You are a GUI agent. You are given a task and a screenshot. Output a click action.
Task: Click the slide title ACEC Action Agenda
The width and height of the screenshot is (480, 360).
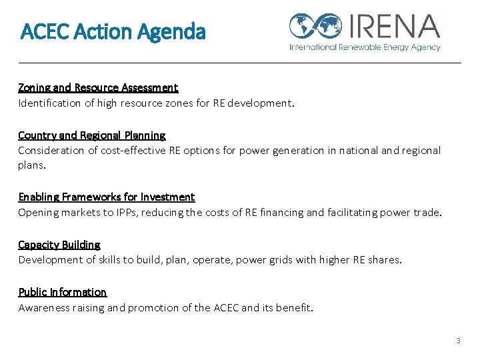113,31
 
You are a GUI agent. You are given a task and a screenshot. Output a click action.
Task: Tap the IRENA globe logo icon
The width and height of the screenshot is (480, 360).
315,27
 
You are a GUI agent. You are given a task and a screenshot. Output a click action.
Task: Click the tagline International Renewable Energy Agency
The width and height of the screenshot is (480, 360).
365,47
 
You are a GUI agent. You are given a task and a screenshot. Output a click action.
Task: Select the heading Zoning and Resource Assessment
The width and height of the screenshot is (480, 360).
98,87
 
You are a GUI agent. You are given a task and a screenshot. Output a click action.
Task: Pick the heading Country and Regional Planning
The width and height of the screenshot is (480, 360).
92,135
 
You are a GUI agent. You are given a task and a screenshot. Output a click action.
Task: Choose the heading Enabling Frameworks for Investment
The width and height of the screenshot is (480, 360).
107,197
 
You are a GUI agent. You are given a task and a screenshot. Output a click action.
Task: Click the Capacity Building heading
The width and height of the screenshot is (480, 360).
59,245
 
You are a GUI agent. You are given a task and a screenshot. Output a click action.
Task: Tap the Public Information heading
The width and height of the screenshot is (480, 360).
63,292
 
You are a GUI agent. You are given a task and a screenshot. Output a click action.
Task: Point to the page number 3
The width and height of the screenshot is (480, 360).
458,341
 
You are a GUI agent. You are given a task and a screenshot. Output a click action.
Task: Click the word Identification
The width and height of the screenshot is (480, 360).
47,103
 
